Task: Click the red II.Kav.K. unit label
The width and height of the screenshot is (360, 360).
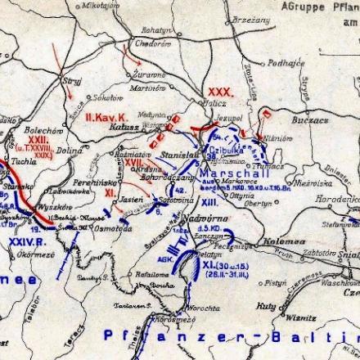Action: (x=102, y=117)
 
